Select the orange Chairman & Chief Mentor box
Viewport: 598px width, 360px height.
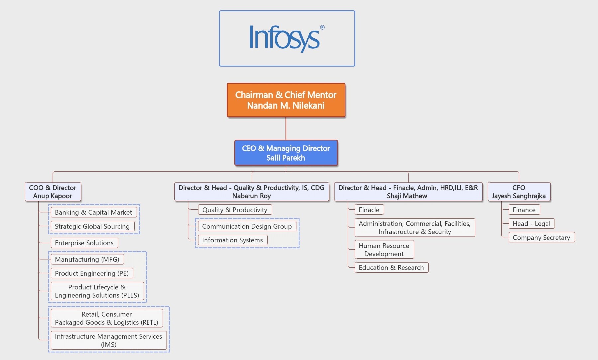(286, 100)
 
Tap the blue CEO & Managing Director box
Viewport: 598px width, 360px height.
(286, 153)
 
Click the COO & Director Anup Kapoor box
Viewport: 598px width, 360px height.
(53, 192)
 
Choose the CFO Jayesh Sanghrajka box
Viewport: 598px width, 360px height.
(519, 192)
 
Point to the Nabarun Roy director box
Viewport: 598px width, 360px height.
(251, 192)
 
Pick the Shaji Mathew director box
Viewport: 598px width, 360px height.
(408, 192)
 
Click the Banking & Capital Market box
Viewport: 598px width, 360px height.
(93, 212)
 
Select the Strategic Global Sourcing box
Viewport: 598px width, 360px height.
(92, 226)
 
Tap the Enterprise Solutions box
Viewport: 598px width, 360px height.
(84, 243)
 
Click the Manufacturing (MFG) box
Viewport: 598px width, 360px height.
(87, 259)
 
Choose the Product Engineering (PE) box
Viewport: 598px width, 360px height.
(92, 273)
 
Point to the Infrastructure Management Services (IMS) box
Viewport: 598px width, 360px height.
(109, 340)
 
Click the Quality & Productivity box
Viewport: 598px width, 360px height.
(235, 210)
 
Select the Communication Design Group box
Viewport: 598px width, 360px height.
(247, 226)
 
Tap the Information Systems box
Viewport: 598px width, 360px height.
(233, 240)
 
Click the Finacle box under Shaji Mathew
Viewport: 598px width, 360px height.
(369, 210)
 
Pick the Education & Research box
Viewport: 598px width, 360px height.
(391, 268)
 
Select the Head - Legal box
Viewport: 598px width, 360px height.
(531, 224)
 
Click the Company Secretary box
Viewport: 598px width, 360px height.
(541, 238)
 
